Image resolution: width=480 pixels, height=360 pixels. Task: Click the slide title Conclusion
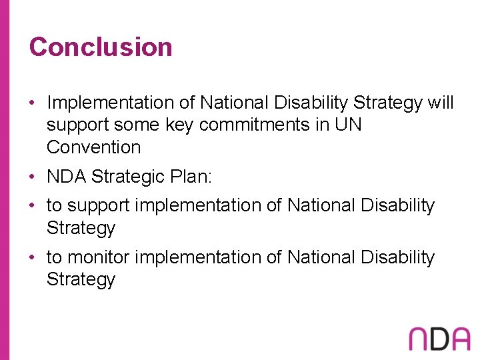coord(101,47)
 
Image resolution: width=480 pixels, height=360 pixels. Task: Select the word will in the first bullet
coord(441,103)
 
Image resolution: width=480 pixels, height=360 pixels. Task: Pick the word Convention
coord(93,147)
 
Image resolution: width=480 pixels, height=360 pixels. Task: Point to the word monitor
coord(99,257)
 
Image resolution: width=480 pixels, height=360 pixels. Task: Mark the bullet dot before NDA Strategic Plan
coord(33,177)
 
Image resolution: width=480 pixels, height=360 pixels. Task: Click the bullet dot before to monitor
coord(33,257)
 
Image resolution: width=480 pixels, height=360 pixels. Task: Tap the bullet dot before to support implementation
coord(33,206)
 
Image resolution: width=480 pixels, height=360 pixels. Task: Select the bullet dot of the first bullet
coord(33,103)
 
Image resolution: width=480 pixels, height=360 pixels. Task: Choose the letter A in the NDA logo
coord(459,339)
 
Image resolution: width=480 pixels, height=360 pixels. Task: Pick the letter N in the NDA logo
coord(419,339)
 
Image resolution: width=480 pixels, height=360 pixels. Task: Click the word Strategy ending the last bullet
coord(81,279)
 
